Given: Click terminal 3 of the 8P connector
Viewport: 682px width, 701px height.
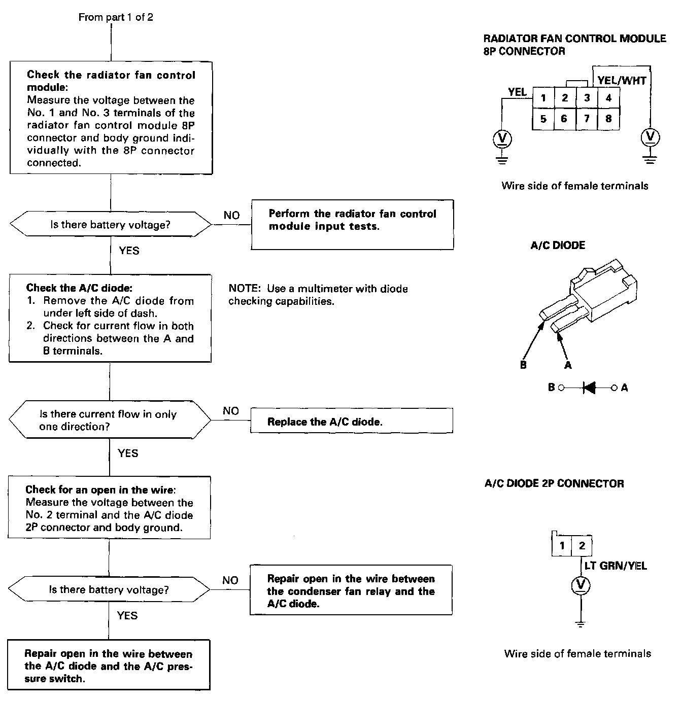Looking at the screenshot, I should click(x=587, y=98).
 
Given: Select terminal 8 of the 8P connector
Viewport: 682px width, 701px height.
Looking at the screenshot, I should click(x=608, y=119).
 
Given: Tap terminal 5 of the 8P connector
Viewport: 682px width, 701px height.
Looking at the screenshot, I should click(x=543, y=119).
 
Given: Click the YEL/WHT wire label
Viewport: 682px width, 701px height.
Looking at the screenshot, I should click(x=622, y=80).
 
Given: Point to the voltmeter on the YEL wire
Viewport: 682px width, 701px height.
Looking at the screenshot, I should click(x=502, y=138).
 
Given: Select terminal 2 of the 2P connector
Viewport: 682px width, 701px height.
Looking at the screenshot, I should click(x=582, y=546).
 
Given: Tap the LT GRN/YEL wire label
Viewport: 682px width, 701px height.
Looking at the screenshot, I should click(x=616, y=566).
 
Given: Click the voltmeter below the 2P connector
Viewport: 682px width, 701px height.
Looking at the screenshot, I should click(x=581, y=586).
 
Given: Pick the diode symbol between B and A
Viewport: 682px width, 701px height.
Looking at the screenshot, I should click(x=590, y=388).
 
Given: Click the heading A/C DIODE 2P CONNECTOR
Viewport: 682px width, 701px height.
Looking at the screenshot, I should click(x=554, y=483).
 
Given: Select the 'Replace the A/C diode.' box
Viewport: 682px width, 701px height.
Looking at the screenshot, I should click(x=351, y=422).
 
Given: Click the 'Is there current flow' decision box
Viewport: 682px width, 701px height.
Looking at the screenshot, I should click(x=109, y=420).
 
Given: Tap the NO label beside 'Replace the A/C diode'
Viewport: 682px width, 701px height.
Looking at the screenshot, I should click(x=231, y=411).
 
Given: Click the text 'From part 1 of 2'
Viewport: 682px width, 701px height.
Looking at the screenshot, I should click(x=116, y=17).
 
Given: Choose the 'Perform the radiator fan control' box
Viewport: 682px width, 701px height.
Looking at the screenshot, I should click(x=352, y=225).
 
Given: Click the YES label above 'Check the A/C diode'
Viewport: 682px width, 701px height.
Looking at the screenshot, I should click(x=129, y=251).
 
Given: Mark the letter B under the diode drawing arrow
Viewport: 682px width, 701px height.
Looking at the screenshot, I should click(x=523, y=365).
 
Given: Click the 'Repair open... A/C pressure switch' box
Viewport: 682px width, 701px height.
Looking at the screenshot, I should click(x=109, y=665).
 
